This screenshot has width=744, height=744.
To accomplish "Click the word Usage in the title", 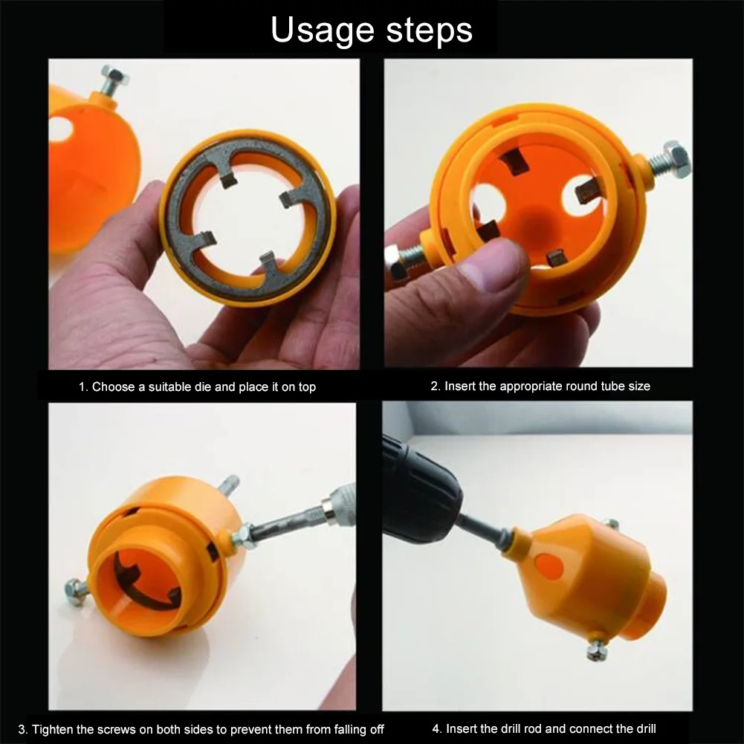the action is pos(322,30).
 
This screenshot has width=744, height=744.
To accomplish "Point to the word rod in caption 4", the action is pos(558,728).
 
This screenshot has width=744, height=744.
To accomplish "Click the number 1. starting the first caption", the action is pos(83,387).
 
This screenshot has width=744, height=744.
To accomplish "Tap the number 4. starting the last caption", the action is pos(436,728).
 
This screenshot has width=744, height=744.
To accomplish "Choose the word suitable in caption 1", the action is pos(169,386).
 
